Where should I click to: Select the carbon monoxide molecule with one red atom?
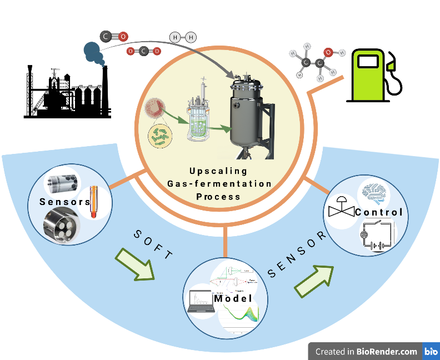pyautogui.click(x=114, y=37)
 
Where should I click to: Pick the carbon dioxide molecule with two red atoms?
pyautogui.click(x=143, y=51)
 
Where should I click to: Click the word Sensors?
pyautogui.click(x=64, y=202)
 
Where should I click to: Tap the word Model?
pyautogui.click(x=233, y=298)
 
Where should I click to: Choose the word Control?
pyautogui.click(x=378, y=212)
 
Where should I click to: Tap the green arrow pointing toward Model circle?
pyautogui.click(x=135, y=264)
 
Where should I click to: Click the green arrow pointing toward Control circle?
pyautogui.click(x=314, y=279)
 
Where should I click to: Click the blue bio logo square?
pyautogui.click(x=431, y=351)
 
